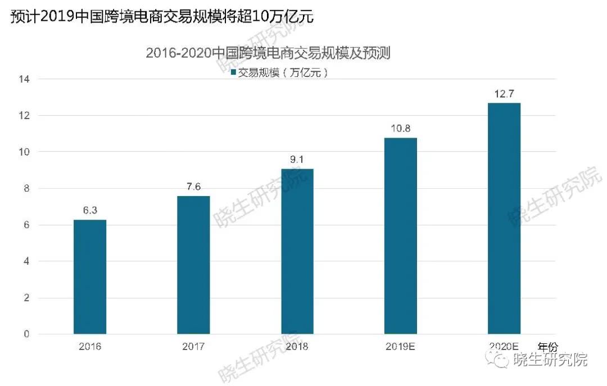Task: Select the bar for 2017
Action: [x=193, y=265]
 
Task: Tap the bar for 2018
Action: [x=297, y=252]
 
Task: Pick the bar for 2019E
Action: [x=400, y=236]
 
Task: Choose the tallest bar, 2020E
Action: [x=504, y=219]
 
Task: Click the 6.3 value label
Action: [x=90, y=211]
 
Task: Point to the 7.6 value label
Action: [x=193, y=187]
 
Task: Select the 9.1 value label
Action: [x=297, y=160]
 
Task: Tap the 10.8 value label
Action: [x=400, y=129]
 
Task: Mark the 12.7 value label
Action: [x=504, y=94]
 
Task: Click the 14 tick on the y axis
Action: [x=25, y=79]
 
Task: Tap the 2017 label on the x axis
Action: [x=193, y=346]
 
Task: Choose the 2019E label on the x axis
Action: [x=400, y=346]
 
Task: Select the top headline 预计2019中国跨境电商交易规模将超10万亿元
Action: [x=162, y=17]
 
